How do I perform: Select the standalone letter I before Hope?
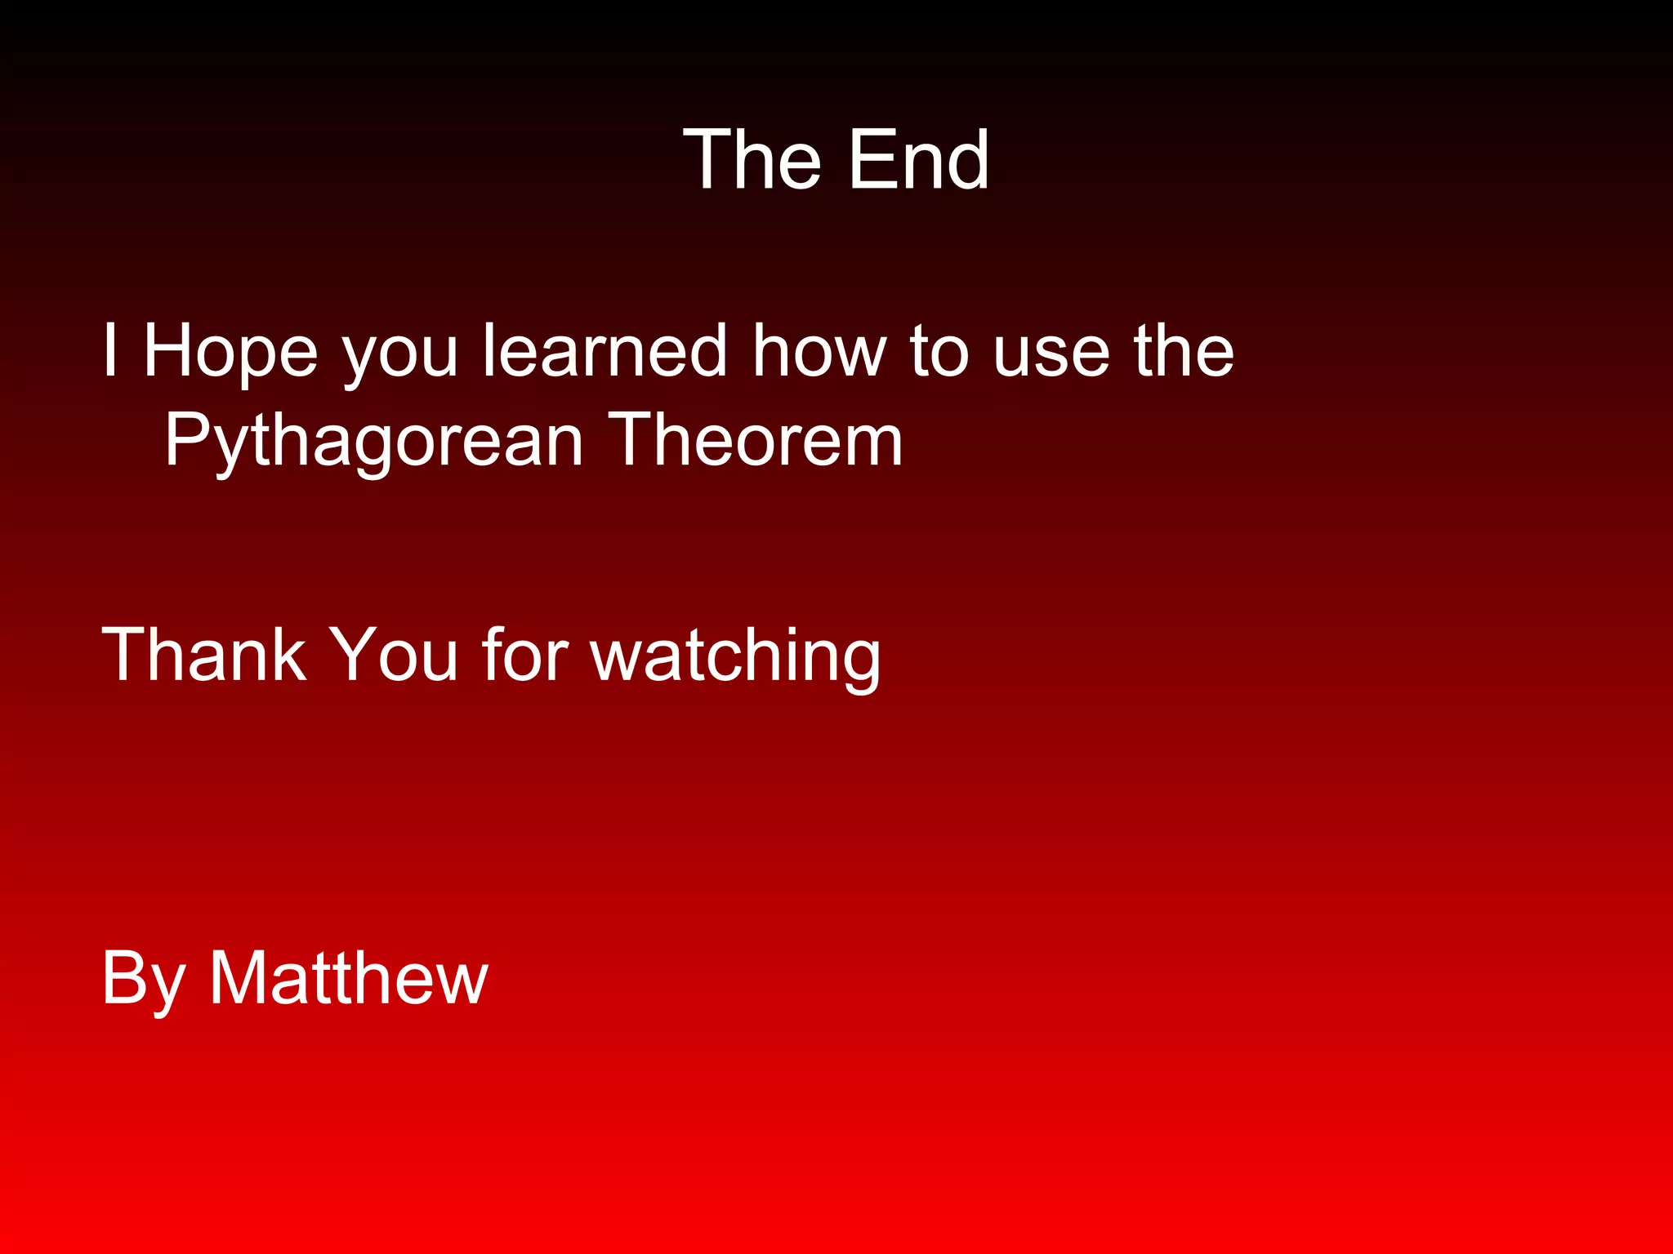110,350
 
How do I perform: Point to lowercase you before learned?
400,358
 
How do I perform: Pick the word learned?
605,350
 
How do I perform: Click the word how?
819,350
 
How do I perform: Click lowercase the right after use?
1184,350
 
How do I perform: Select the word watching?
735,657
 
